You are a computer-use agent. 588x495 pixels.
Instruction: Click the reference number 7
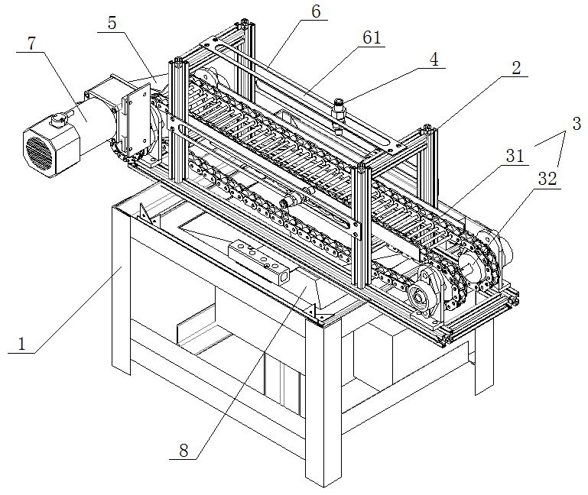coord(31,44)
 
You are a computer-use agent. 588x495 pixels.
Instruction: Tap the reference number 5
coord(112,23)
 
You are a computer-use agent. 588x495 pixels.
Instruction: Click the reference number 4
coord(434,59)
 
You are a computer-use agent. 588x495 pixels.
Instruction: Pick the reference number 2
coord(516,69)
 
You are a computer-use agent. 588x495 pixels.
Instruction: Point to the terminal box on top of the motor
coord(58,120)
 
